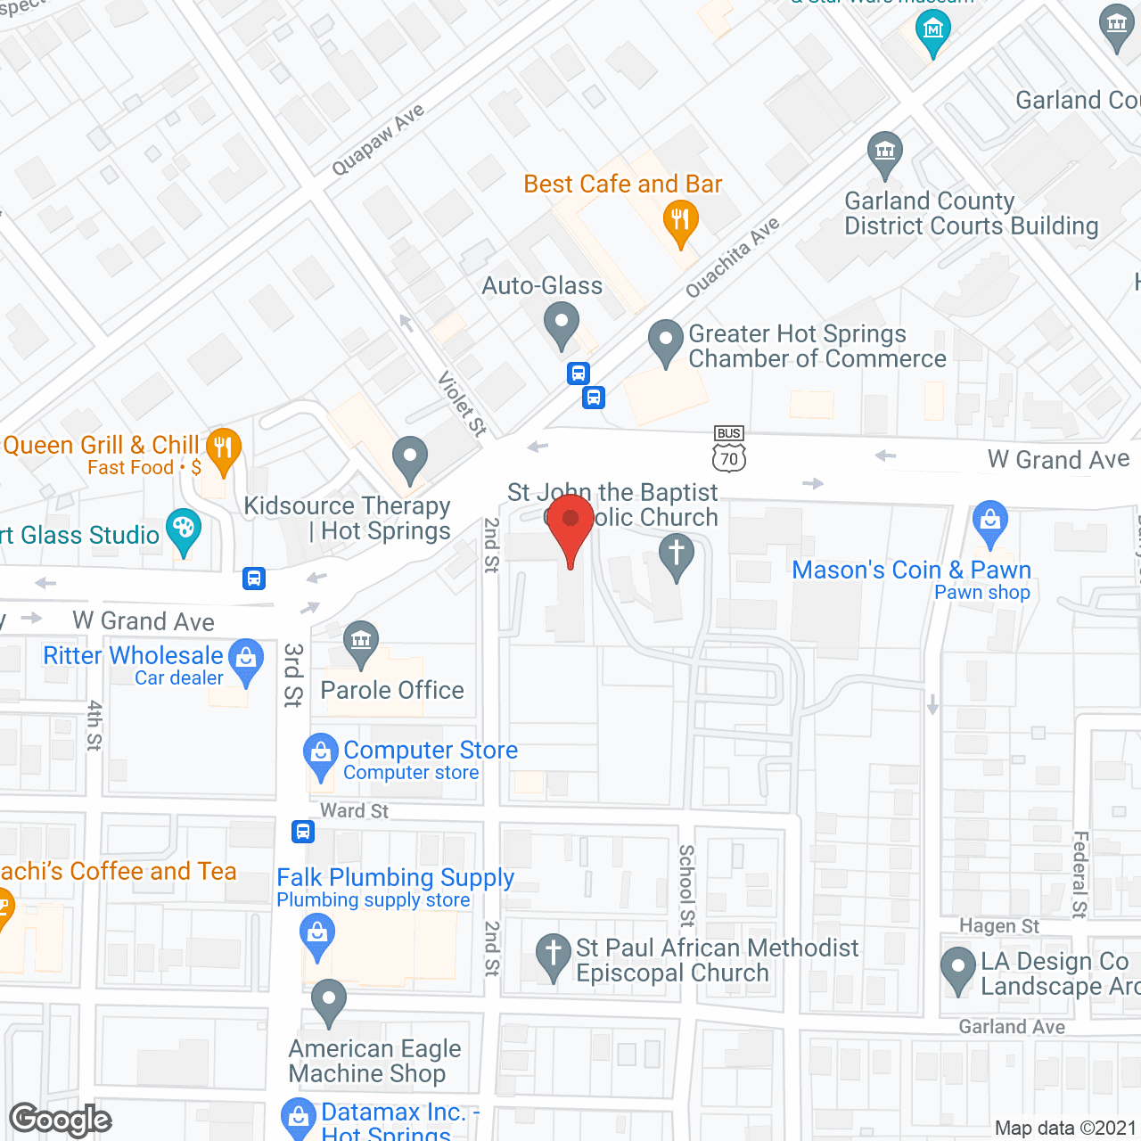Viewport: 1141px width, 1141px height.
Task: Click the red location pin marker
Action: [x=570, y=526]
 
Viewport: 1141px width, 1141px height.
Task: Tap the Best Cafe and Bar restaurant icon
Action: [x=680, y=222]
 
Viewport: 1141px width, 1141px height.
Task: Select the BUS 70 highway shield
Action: [x=729, y=448]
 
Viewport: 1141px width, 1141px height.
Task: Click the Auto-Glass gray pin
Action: [x=562, y=324]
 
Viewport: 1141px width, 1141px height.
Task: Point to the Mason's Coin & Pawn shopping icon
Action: [x=989, y=522]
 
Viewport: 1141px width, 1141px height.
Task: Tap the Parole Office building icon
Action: [x=361, y=642]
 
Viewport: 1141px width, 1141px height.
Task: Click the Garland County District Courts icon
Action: [x=884, y=153]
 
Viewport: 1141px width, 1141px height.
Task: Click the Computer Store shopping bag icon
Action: [x=320, y=754]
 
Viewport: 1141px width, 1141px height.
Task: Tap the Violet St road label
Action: [x=463, y=404]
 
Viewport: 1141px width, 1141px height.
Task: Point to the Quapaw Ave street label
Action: [x=378, y=140]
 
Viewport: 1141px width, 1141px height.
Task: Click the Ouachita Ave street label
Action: [x=733, y=257]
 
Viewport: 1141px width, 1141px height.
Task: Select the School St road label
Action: [x=686, y=885]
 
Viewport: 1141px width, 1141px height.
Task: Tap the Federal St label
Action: [x=1079, y=874]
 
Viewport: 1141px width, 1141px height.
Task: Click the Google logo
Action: [x=61, y=1120]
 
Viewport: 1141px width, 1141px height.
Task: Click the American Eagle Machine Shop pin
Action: [x=329, y=1001]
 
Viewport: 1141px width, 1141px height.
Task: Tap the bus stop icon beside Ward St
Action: [x=303, y=832]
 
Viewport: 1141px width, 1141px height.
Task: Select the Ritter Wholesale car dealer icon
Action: [x=246, y=661]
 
